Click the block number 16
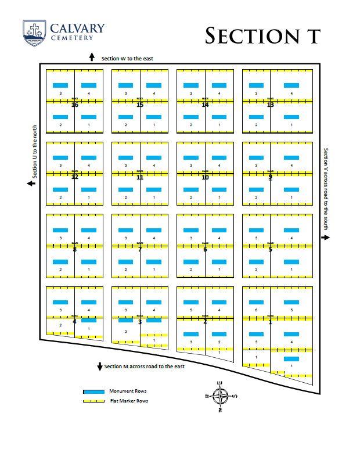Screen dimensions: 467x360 74,105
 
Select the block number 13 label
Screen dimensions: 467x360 271,105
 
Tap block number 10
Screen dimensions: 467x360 205,177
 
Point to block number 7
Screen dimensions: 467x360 140,250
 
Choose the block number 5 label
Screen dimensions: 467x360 271,250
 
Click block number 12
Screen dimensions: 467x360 74,177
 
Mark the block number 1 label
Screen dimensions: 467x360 271,322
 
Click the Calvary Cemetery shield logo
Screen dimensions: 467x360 35,33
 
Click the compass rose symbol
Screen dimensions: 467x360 221,396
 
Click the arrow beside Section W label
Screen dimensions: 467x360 92,57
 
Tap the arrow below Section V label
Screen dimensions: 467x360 326,237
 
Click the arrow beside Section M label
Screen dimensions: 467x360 100,367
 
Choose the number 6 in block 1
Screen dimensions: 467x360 256,310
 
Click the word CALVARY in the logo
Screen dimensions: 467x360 77,28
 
